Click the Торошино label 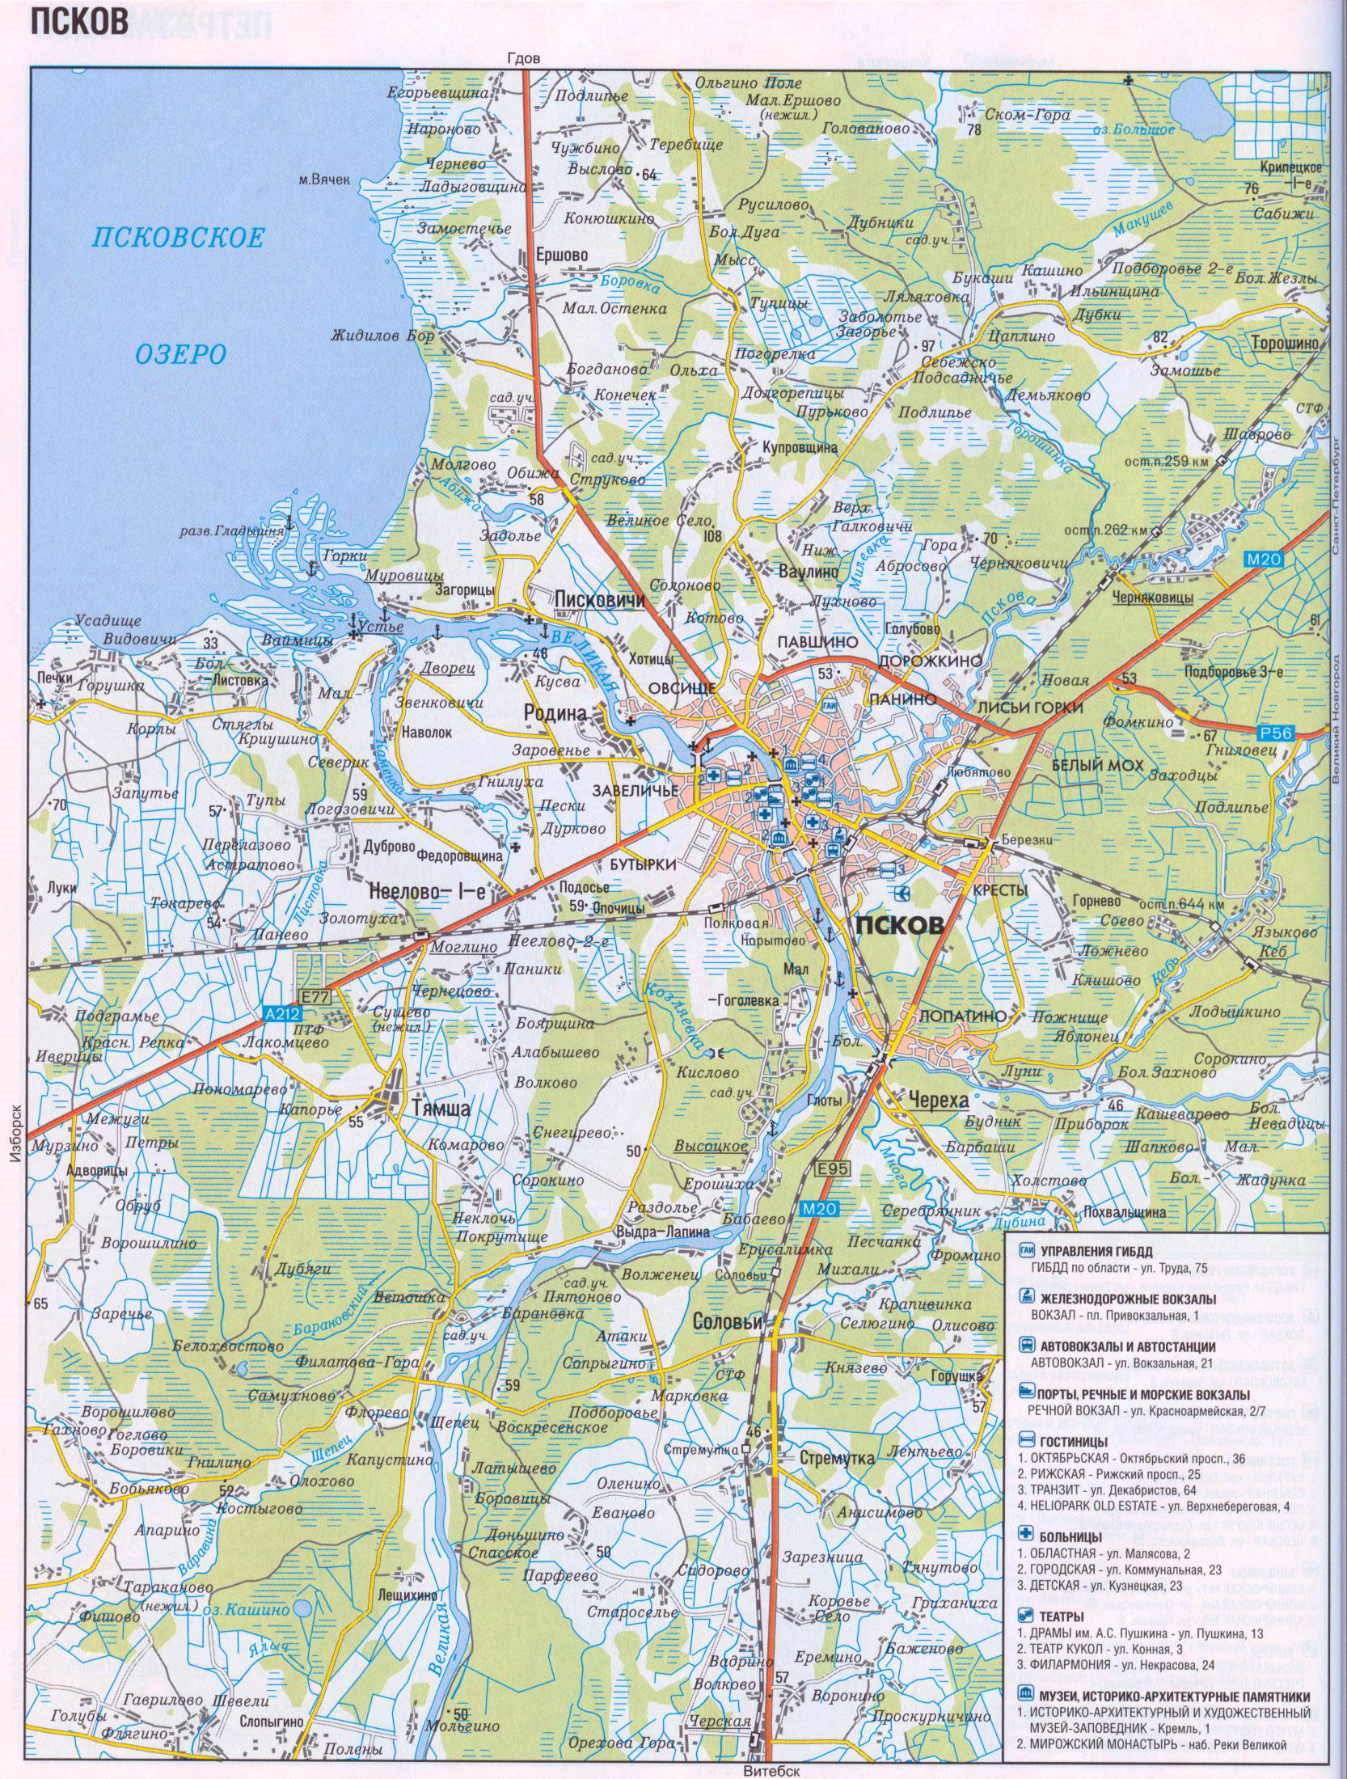tap(1285, 342)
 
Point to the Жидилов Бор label tap(382, 338)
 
